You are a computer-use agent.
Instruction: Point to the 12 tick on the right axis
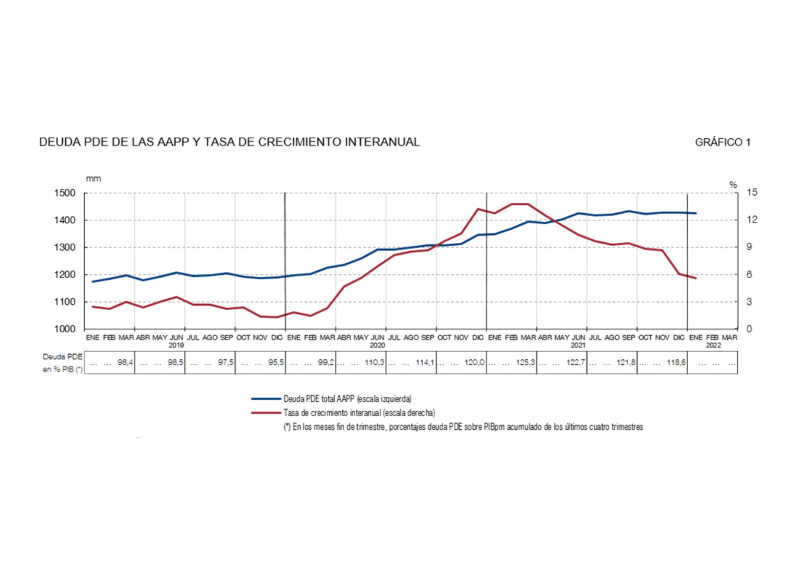click(x=752, y=220)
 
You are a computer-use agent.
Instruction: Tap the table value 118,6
click(x=676, y=362)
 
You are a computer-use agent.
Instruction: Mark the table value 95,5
click(x=276, y=362)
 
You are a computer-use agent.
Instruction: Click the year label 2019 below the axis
click(x=176, y=345)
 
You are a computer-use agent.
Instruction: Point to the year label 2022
click(x=713, y=345)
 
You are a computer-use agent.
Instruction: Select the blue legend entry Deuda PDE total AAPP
click(x=347, y=399)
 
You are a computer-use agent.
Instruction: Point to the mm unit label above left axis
click(x=93, y=179)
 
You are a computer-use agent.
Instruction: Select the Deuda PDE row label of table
click(x=62, y=357)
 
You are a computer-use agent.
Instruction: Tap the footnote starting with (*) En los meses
click(x=463, y=427)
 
